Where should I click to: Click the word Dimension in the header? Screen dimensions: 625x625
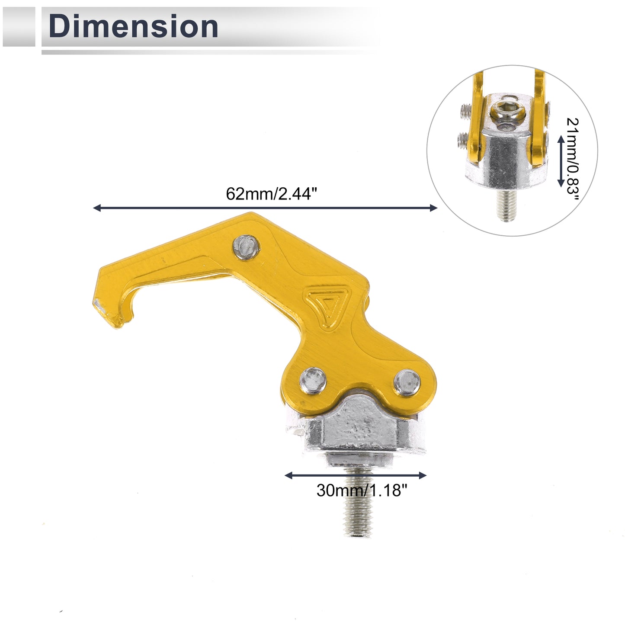(x=133, y=26)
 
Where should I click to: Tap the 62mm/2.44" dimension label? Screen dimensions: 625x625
(x=271, y=194)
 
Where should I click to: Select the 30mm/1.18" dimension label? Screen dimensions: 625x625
(x=362, y=490)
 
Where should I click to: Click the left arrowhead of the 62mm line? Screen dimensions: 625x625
(x=96, y=208)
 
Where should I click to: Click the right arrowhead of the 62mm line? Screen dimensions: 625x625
(x=434, y=208)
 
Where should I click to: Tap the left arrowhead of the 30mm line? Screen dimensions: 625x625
(x=288, y=475)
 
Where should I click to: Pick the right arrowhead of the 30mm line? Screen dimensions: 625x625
(x=423, y=475)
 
